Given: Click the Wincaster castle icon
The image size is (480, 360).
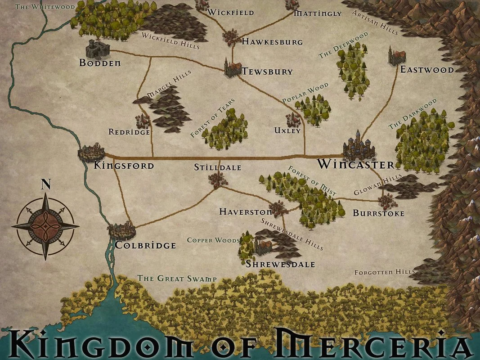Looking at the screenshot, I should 359,145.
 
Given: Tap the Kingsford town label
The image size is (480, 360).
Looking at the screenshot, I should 124,166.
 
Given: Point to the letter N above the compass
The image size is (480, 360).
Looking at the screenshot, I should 45,184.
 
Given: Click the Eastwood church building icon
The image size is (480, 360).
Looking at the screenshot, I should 397,56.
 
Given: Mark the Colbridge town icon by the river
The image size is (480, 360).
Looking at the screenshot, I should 121,231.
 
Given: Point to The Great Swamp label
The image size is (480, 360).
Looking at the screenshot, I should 177,279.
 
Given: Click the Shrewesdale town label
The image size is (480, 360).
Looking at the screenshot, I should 280,264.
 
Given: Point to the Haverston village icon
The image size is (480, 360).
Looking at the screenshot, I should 279,209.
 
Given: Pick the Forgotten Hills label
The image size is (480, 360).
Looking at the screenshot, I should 385,272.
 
